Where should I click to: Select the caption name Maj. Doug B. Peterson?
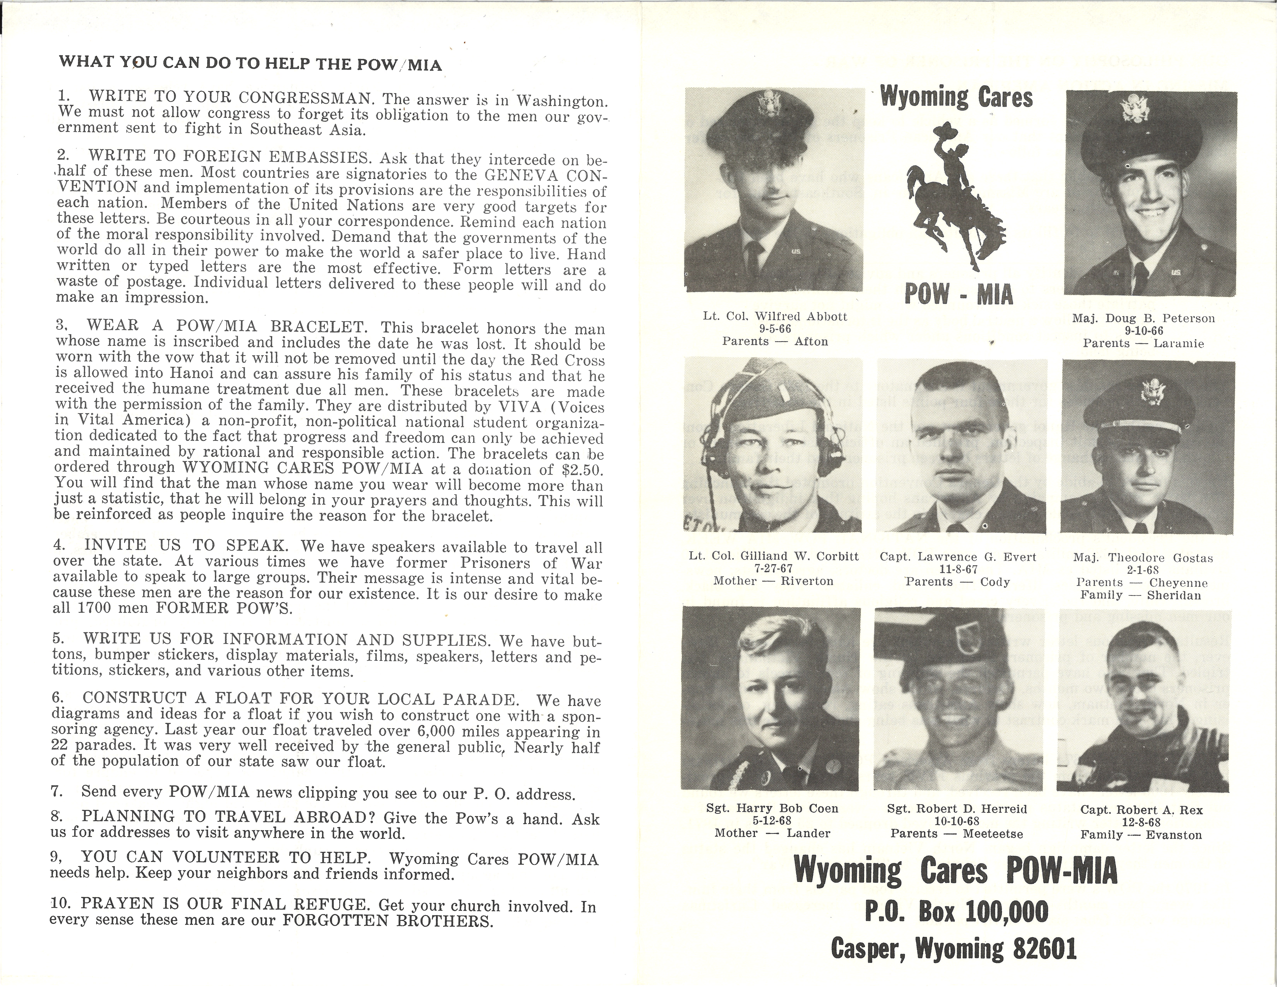[x=1143, y=319]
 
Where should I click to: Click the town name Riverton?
[x=807, y=581]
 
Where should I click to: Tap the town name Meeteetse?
[x=993, y=834]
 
